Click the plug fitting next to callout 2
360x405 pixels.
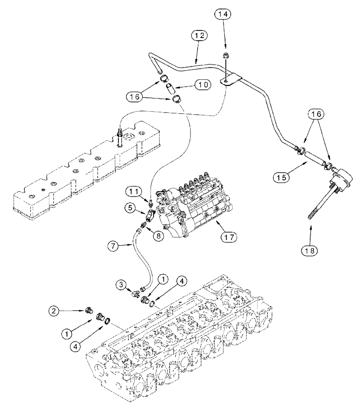tap(87, 311)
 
